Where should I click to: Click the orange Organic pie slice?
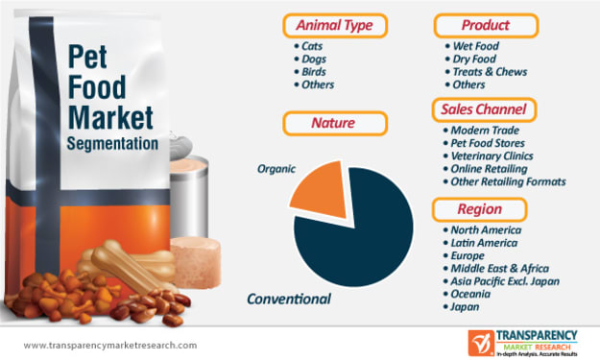(323, 191)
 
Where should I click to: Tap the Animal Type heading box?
(335, 26)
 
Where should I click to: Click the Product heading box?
(486, 26)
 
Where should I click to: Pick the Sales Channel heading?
(484, 109)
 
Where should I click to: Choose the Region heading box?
(479, 209)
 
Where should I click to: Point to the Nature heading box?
(335, 123)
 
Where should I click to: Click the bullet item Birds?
(310, 72)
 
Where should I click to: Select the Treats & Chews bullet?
(486, 72)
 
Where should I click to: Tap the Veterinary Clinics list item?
(489, 156)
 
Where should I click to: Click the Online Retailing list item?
(485, 169)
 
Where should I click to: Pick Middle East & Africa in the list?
(496, 268)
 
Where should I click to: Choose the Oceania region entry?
(467, 294)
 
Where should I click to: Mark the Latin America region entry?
(480, 243)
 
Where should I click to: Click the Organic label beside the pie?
(276, 169)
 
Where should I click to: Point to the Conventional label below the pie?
(289, 299)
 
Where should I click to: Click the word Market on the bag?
(110, 117)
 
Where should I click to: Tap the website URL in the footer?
(110, 345)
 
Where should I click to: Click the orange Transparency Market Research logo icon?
(481, 343)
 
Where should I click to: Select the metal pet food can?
(189, 191)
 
